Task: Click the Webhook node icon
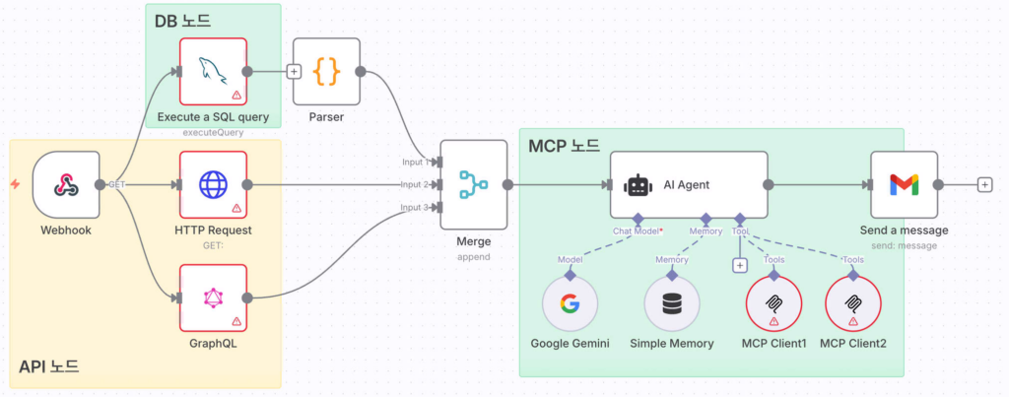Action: click(x=66, y=185)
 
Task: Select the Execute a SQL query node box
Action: click(x=213, y=72)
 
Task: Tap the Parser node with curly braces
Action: click(x=326, y=72)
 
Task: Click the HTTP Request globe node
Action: click(x=213, y=185)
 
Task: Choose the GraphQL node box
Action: click(x=213, y=298)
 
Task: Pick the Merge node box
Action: click(x=473, y=184)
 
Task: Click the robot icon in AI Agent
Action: click(x=639, y=184)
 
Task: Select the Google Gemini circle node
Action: click(x=571, y=302)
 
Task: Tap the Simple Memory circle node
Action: click(x=672, y=302)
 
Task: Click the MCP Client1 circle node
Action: click(x=774, y=302)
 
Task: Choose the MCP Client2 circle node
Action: click(x=852, y=302)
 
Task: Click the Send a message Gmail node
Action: click(x=903, y=184)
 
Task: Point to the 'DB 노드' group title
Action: click(x=182, y=20)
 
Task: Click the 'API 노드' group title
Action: click(x=49, y=367)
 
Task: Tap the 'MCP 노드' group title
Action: click(x=563, y=147)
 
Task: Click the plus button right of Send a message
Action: click(x=984, y=184)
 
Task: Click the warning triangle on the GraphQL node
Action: click(x=236, y=321)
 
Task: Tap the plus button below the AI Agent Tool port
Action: click(x=739, y=264)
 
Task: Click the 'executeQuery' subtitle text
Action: click(x=213, y=132)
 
